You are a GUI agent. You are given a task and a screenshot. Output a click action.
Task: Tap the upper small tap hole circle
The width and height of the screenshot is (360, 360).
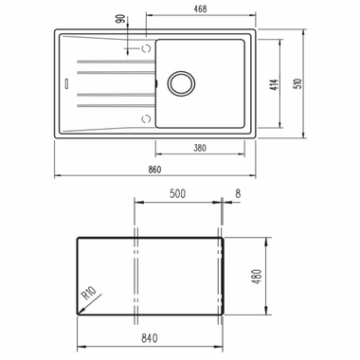point(145,46)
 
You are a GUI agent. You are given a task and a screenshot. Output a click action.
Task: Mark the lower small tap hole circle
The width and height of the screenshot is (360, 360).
point(145,117)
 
